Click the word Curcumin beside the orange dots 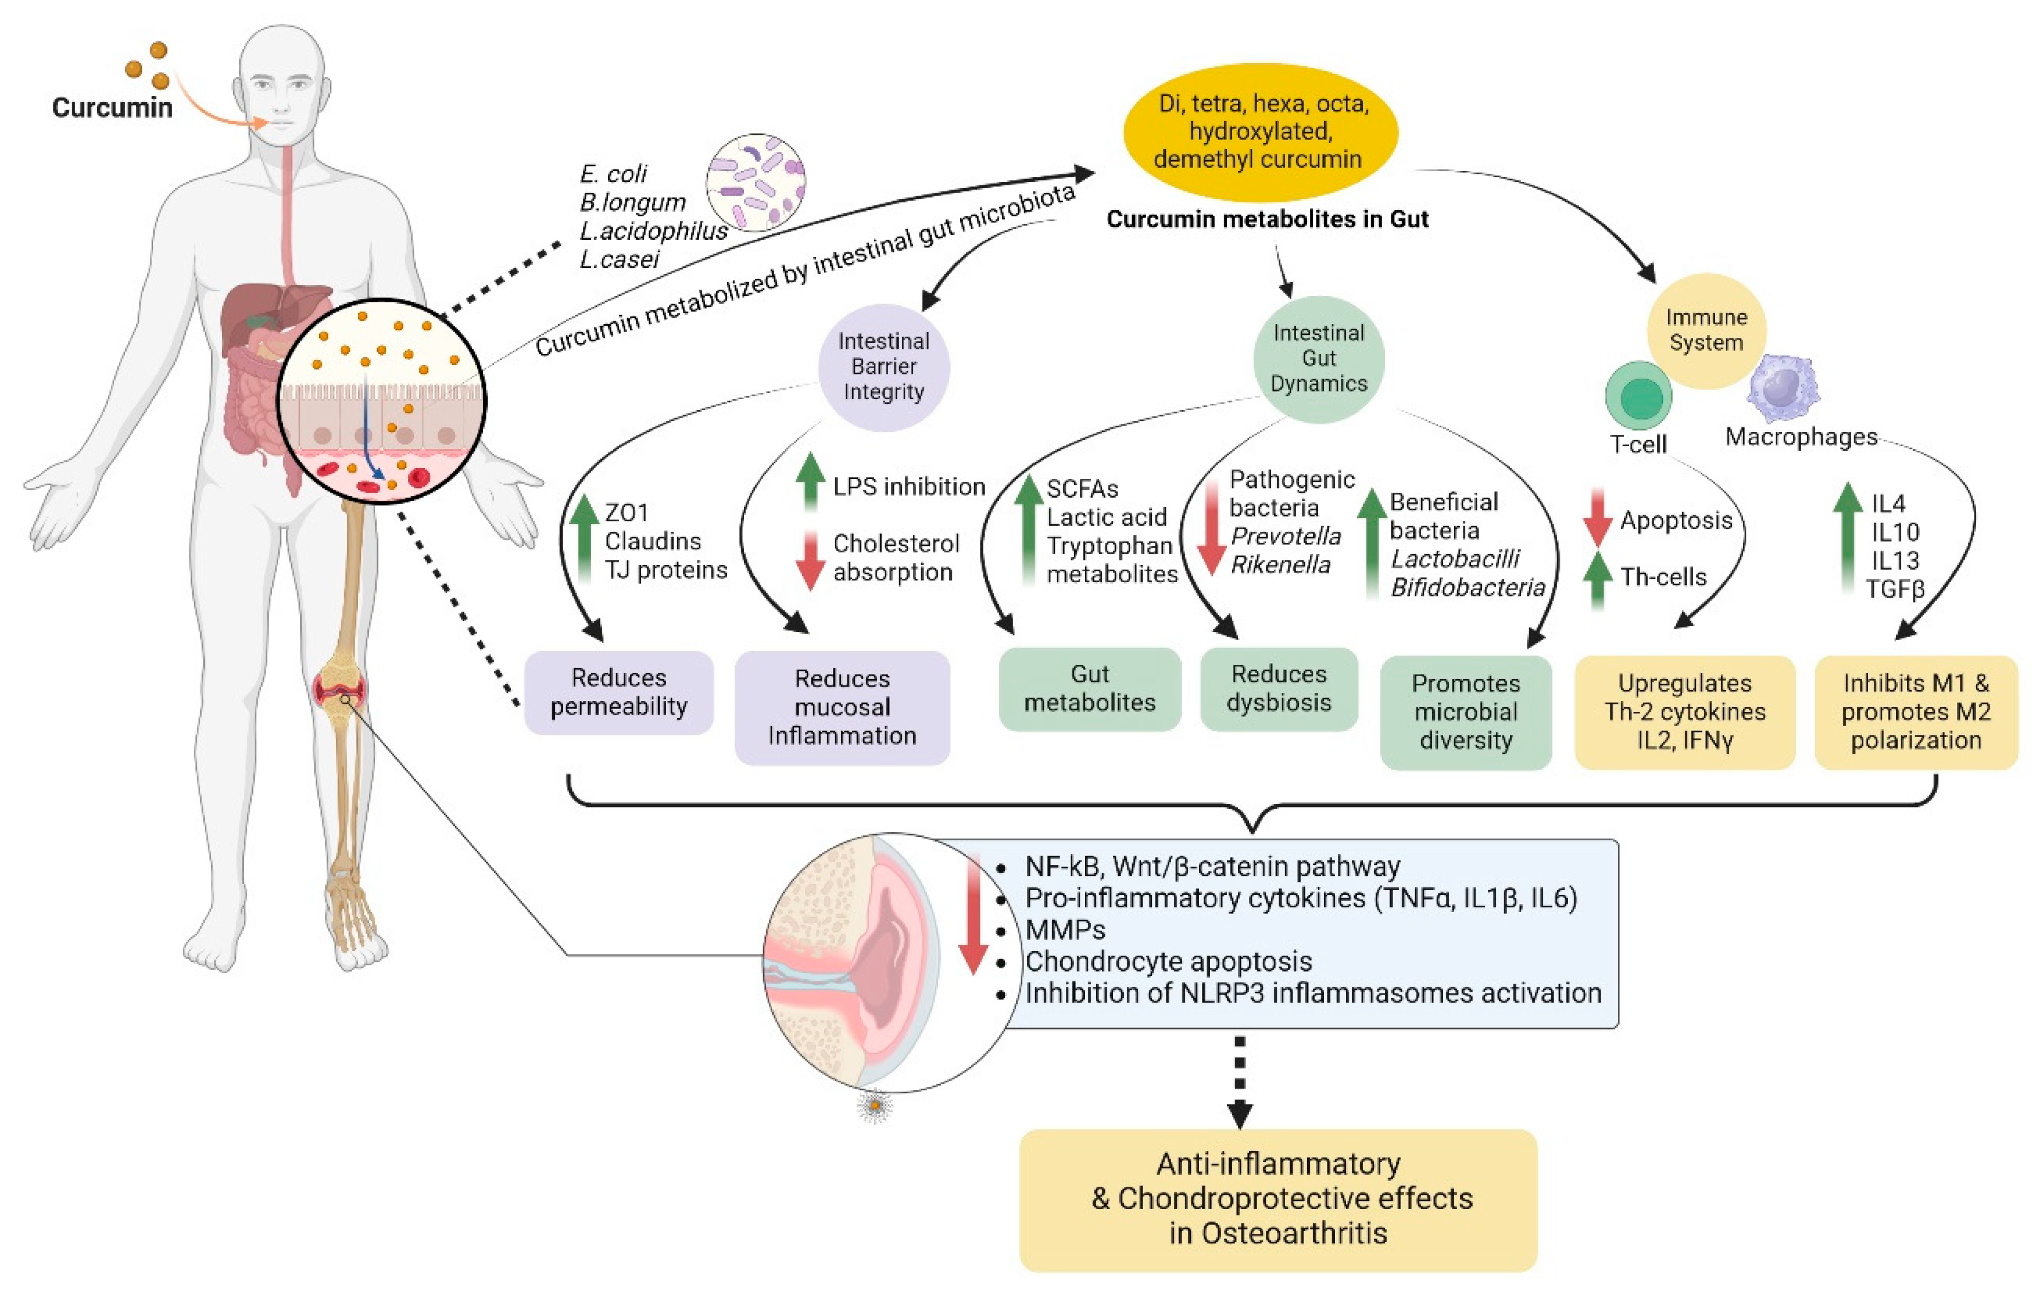[112, 108]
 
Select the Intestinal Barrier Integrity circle [883, 367]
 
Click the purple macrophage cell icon [1783, 388]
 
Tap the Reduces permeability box [618, 692]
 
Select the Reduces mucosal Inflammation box [842, 707]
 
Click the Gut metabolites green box [1089, 688]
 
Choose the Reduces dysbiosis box [1279, 688]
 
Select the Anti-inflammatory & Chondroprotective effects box [1278, 1199]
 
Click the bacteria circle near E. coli [755, 182]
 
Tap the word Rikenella [1281, 565]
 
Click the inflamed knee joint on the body [340, 688]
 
